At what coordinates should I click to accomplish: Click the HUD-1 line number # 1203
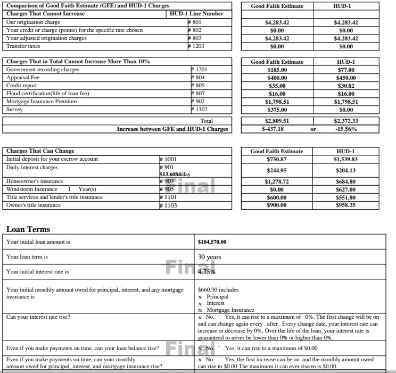[x=196, y=46]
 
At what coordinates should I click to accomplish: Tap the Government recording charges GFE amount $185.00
[x=277, y=70]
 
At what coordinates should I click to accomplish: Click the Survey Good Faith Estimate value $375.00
[x=277, y=110]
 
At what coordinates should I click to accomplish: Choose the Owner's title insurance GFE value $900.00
[x=277, y=205]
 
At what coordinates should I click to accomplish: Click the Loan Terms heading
[x=28, y=229]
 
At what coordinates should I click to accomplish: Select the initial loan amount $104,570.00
[x=212, y=242]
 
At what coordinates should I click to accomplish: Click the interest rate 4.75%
[x=207, y=271]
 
